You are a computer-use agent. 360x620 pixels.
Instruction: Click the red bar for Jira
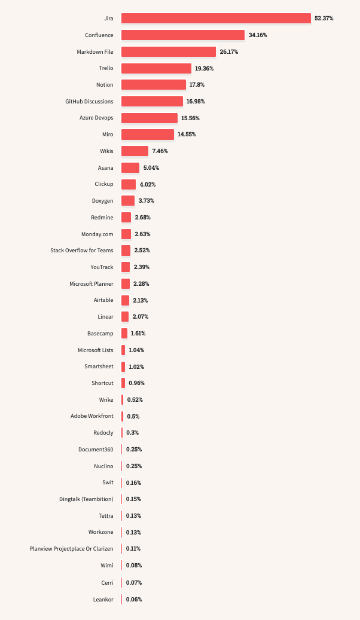(x=216, y=19)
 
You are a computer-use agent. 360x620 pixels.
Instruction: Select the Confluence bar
(x=183, y=35)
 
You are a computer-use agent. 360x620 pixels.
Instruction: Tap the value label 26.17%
(x=229, y=52)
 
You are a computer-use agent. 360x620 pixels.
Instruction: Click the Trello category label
(x=106, y=68)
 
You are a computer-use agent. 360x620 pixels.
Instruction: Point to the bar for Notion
(x=154, y=85)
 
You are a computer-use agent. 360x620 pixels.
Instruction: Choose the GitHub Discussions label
(x=89, y=102)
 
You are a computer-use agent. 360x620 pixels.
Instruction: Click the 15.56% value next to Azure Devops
(x=191, y=118)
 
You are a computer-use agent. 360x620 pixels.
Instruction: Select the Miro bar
(x=148, y=135)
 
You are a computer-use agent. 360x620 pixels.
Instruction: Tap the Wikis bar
(x=135, y=151)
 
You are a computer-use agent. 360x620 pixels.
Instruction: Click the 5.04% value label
(x=151, y=168)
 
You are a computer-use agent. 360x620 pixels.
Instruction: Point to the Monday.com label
(x=97, y=234)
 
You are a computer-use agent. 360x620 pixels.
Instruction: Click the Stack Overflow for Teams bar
(x=126, y=251)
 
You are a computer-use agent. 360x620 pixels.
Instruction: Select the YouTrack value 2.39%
(x=141, y=267)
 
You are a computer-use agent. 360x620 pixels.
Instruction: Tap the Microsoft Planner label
(x=91, y=283)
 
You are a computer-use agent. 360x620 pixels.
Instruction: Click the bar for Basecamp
(x=124, y=333)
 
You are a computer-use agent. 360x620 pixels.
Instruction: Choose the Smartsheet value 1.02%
(x=136, y=366)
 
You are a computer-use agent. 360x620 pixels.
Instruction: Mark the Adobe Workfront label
(x=91, y=416)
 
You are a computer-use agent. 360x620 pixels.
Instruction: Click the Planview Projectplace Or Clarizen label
(x=71, y=548)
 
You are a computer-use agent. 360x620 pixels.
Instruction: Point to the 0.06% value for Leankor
(x=134, y=599)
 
